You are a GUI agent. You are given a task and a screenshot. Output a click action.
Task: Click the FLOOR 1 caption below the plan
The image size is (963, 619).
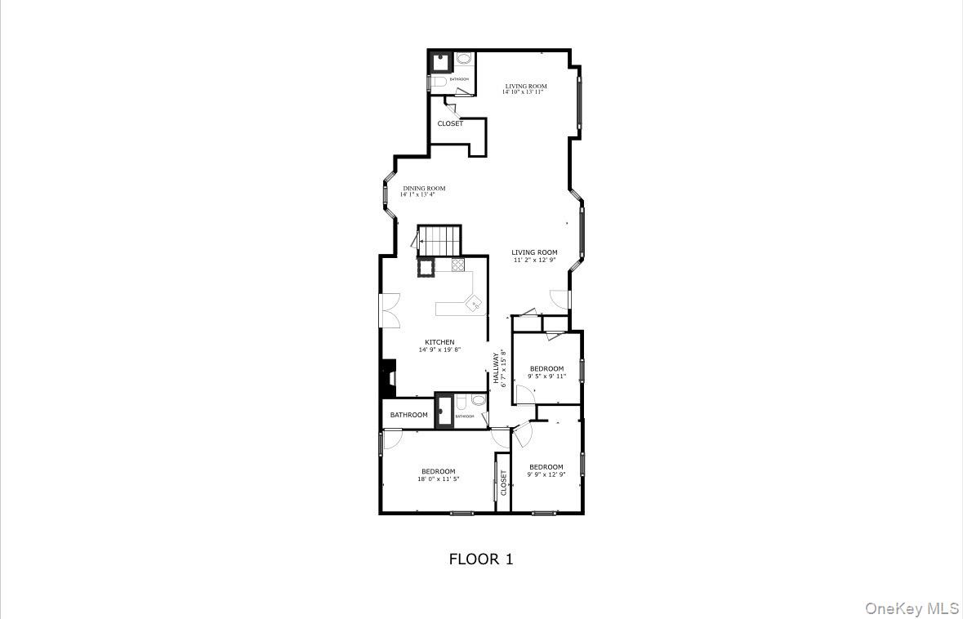[481, 559]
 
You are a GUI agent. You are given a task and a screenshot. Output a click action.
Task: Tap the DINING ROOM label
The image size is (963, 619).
[424, 189]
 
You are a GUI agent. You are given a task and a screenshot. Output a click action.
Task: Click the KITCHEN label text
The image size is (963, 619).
[439, 342]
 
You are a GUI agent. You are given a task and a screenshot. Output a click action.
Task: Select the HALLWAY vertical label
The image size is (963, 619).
[496, 369]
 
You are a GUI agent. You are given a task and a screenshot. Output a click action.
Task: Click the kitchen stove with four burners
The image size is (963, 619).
[457, 265]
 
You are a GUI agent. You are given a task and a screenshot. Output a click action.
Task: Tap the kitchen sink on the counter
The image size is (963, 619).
[474, 304]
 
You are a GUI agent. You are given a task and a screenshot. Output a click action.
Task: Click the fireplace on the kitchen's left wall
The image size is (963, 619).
[389, 378]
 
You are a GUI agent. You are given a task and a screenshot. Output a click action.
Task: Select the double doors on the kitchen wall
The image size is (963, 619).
[388, 310]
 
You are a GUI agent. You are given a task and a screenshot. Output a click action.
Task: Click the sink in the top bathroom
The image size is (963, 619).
[465, 60]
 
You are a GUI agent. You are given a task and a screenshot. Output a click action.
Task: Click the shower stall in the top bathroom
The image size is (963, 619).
[442, 62]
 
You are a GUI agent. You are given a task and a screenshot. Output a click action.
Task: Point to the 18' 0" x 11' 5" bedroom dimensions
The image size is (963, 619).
[439, 479]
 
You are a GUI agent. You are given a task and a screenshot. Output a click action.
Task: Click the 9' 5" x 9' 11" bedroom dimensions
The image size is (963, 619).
[546, 376]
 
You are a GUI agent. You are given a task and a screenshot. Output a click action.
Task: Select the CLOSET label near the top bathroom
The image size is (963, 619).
[450, 123]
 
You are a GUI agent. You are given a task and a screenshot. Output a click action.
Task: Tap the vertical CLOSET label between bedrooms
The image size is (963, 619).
[504, 483]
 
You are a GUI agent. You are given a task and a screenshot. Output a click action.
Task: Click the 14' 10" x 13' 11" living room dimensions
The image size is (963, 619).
[524, 92]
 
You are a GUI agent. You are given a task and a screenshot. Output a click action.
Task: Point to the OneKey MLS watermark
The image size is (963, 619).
[912, 608]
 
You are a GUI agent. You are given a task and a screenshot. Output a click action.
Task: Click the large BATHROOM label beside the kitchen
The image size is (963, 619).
[408, 415]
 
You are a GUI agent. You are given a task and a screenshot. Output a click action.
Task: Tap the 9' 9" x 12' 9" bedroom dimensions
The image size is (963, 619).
[546, 474]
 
